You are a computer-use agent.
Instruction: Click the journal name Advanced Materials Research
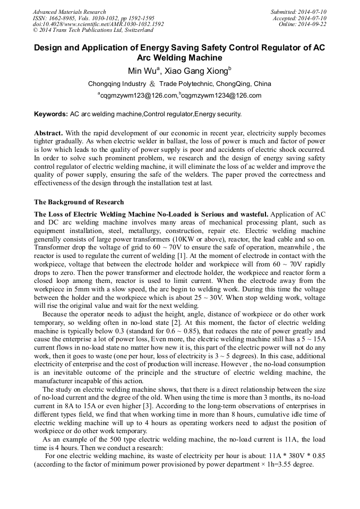coord(69,12)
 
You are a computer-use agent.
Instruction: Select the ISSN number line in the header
coord(86,18)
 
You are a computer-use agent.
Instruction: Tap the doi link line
coord(98,24)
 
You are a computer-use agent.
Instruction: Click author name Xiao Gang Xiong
coord(196,71)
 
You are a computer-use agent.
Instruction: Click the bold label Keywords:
coord(51,114)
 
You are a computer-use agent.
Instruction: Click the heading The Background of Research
coord(79,202)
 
